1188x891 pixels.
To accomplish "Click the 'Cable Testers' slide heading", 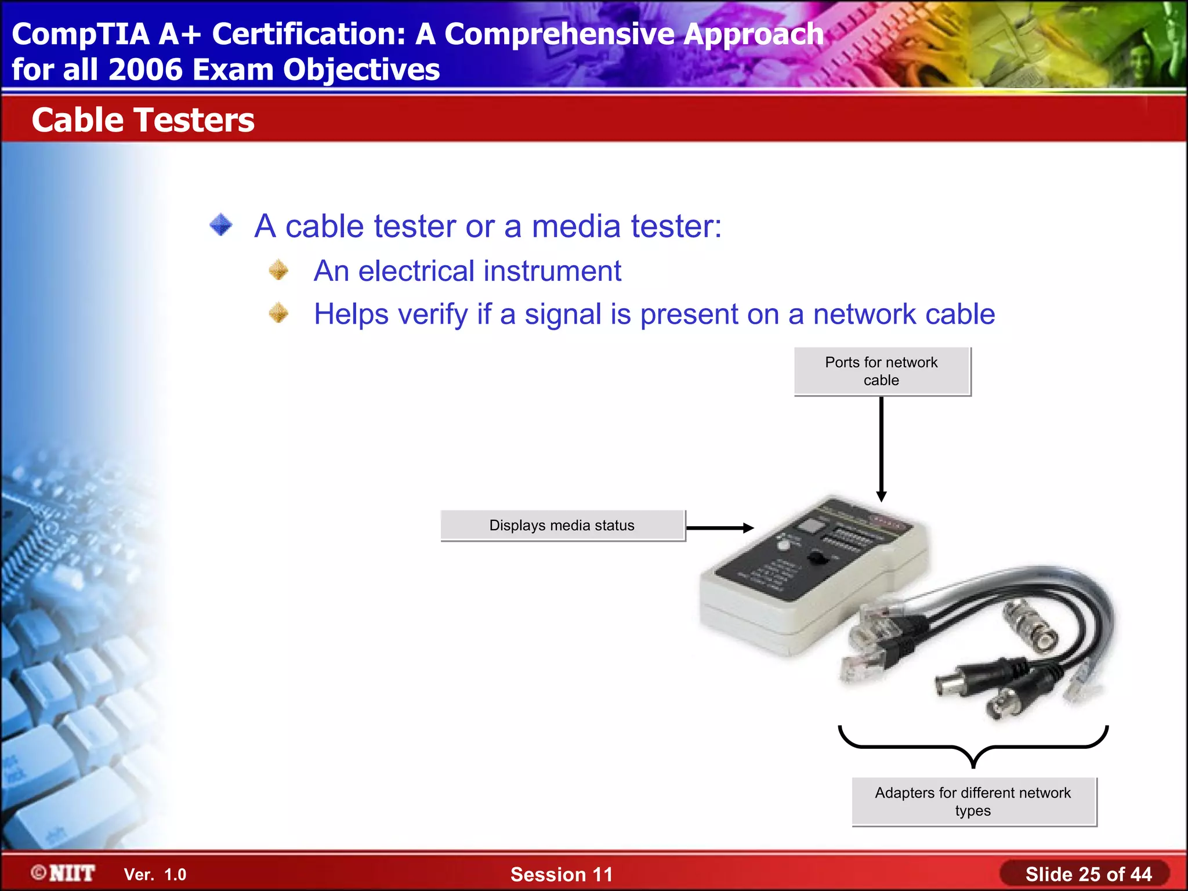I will click(143, 120).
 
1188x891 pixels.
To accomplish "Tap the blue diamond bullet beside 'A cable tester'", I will click(221, 225).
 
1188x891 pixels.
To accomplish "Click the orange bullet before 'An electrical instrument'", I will click(279, 270).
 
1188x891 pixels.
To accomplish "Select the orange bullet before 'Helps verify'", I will click(279, 313).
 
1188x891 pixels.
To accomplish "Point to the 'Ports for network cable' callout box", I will click(882, 371).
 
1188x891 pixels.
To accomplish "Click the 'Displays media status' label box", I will click(562, 526).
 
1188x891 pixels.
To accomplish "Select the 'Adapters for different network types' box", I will click(973, 802).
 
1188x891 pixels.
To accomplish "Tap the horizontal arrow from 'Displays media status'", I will click(719, 528).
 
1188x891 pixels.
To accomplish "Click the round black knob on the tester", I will click(818, 559).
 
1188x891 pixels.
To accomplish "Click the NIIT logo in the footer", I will click(64, 874).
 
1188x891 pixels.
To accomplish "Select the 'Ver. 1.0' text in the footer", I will click(155, 875).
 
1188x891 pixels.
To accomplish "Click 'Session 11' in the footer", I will click(561, 875).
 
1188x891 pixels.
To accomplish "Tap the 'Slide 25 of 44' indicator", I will click(1088, 874).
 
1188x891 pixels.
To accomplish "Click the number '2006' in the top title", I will click(145, 70).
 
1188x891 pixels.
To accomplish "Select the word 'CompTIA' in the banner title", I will click(81, 34).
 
